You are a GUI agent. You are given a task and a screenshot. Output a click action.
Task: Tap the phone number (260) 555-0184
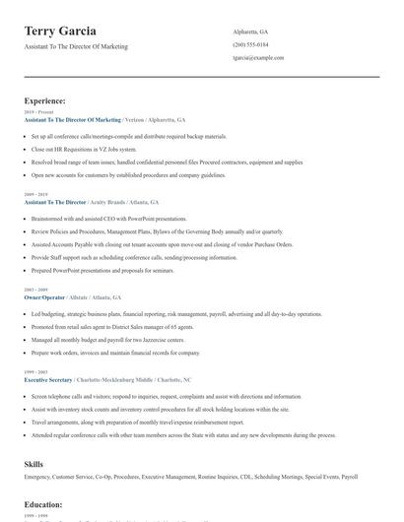tap(250, 44)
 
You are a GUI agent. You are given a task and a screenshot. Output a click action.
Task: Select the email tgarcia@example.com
tap(258, 58)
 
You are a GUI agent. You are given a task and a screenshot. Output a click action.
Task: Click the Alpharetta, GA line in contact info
tap(250, 32)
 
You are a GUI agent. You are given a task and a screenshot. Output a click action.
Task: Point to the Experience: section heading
tap(45, 100)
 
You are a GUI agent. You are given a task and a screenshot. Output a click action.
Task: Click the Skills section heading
tap(34, 463)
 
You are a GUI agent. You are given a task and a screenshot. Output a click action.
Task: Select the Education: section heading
tap(43, 504)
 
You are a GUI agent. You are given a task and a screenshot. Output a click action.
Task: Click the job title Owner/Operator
tap(43, 296)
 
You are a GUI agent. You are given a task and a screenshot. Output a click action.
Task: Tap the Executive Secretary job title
tap(49, 378)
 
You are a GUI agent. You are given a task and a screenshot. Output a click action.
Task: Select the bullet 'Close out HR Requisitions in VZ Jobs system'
tap(84, 149)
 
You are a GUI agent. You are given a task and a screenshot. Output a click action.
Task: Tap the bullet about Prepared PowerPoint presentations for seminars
tap(102, 270)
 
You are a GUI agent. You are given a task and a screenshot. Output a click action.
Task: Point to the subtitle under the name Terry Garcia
tap(76, 46)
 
